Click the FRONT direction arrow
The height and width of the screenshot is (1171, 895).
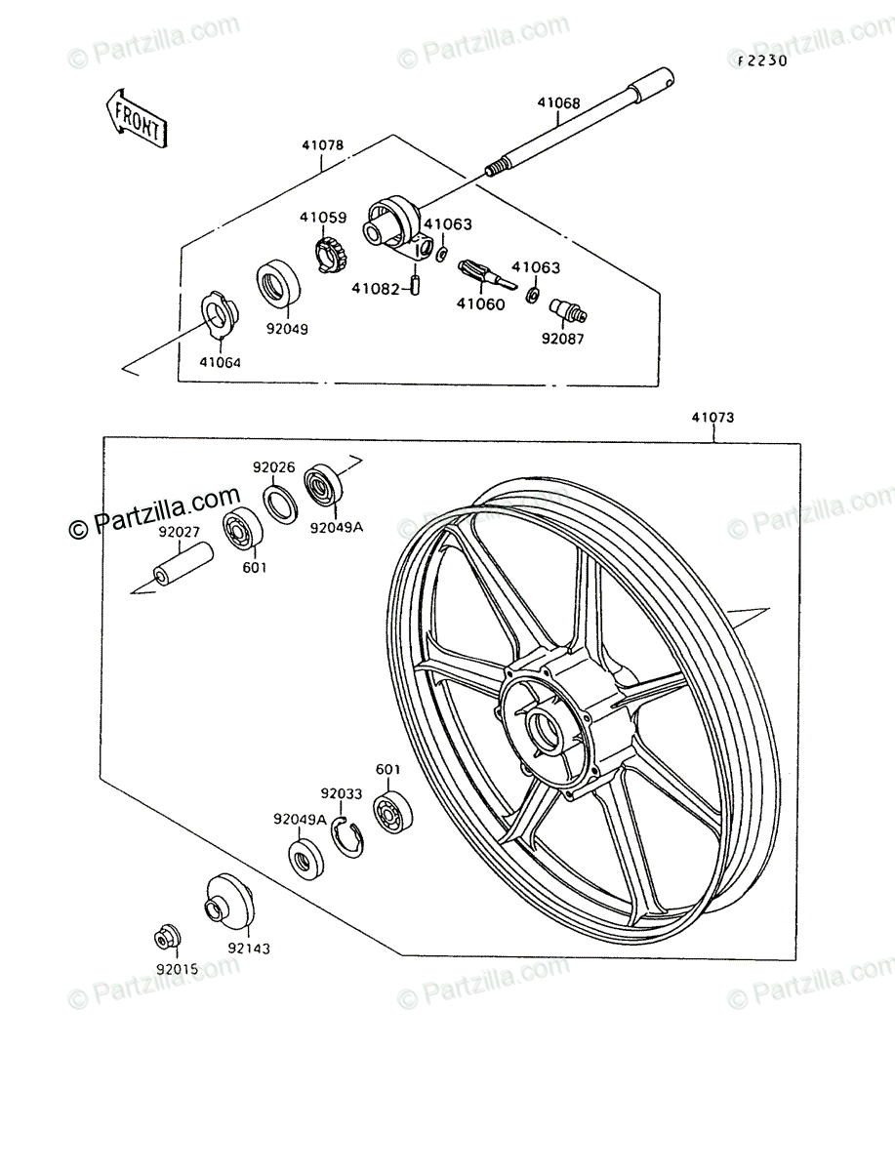pos(135,118)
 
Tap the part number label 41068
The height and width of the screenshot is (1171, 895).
pos(557,102)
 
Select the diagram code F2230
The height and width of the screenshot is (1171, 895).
pos(761,60)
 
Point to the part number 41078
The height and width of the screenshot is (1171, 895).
pos(322,145)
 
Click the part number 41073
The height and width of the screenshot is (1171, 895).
pos(712,417)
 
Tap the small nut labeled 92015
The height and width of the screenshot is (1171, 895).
pos(165,938)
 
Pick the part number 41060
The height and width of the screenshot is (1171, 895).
pos(481,303)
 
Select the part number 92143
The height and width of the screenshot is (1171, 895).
pos(249,948)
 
